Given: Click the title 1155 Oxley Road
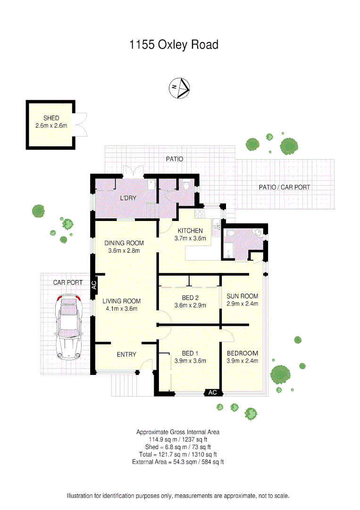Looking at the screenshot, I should click(x=174, y=45).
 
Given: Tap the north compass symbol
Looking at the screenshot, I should click(x=179, y=87).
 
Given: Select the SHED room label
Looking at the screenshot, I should click(x=50, y=118).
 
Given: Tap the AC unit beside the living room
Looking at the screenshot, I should click(x=93, y=285).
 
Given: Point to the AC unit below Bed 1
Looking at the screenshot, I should click(x=212, y=392).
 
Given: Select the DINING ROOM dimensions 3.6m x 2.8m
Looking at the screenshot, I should click(x=124, y=251).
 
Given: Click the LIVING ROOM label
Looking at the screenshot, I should click(x=122, y=301).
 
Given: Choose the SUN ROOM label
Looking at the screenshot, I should click(x=243, y=296).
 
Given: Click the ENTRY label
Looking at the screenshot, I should click(x=126, y=354).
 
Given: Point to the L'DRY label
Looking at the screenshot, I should click(x=128, y=198).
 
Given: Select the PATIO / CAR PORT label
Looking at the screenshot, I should click(x=285, y=187).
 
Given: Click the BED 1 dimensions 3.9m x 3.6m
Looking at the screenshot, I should click(x=191, y=361).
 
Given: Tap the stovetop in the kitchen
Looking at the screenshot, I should click(x=200, y=212).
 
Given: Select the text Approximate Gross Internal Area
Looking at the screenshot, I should click(x=178, y=432).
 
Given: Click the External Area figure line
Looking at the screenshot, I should click(x=178, y=462).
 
